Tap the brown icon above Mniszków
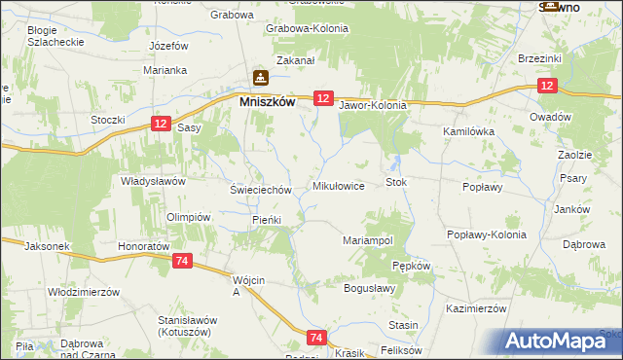(x=260, y=77)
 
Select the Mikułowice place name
(x=338, y=185)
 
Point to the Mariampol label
(x=368, y=239)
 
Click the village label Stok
(x=395, y=182)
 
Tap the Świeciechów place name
(x=260, y=190)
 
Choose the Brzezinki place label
(x=542, y=59)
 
